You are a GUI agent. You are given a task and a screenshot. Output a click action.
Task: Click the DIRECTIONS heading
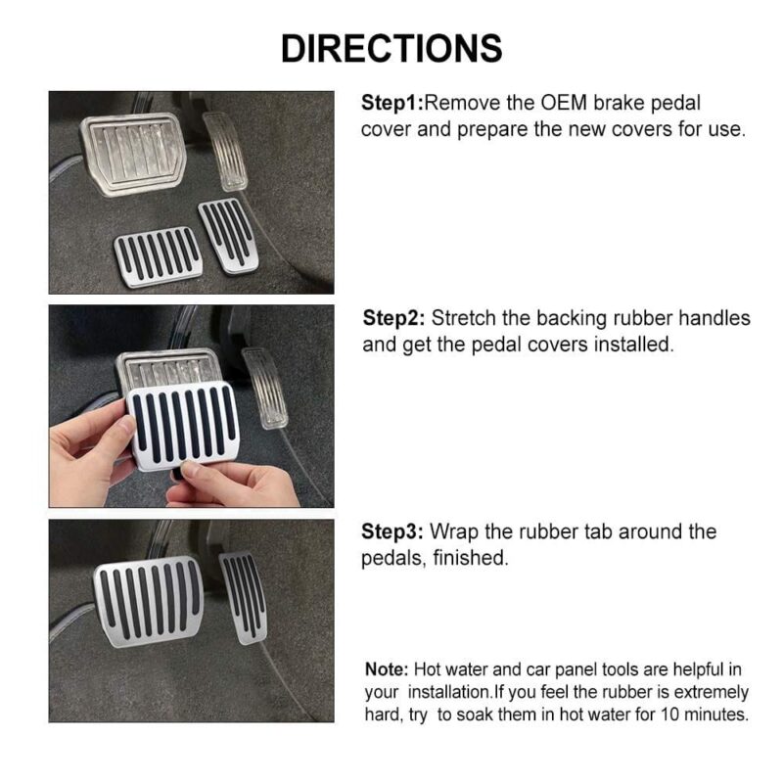(x=391, y=47)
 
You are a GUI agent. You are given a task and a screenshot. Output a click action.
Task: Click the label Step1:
(x=392, y=103)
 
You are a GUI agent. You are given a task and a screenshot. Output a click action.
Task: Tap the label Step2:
(x=394, y=318)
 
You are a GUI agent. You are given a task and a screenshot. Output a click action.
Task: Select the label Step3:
(x=394, y=532)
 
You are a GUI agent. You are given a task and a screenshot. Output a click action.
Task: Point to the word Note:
(x=387, y=670)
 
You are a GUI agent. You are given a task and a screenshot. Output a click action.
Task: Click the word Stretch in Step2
(x=467, y=318)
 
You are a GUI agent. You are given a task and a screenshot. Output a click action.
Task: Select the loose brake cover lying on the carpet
(x=158, y=257)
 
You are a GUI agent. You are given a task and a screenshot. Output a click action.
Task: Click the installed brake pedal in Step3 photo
(x=150, y=602)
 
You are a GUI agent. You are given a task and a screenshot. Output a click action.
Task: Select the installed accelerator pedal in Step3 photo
(x=243, y=596)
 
